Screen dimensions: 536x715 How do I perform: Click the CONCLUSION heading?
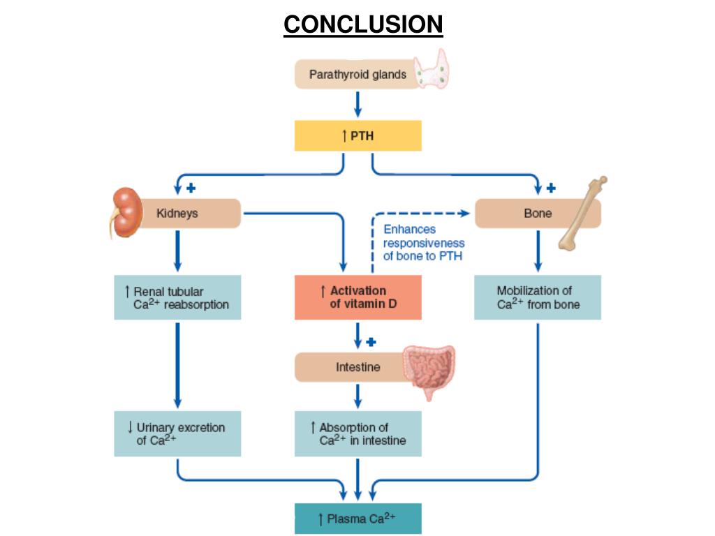(x=363, y=25)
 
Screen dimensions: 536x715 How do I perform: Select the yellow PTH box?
(x=357, y=135)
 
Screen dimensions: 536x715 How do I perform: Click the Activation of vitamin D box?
(x=357, y=297)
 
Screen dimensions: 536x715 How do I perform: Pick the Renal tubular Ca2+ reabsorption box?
(x=177, y=297)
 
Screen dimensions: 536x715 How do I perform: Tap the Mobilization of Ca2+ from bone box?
(x=537, y=297)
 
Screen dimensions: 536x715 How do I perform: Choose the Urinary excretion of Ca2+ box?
(x=177, y=433)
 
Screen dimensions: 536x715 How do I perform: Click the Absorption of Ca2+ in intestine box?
(x=357, y=433)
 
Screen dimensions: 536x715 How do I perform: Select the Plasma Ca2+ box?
(x=357, y=519)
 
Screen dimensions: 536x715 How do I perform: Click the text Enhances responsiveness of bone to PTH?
(x=423, y=243)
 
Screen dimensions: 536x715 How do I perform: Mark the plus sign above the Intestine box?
(x=371, y=342)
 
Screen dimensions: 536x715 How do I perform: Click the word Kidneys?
(x=177, y=214)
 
